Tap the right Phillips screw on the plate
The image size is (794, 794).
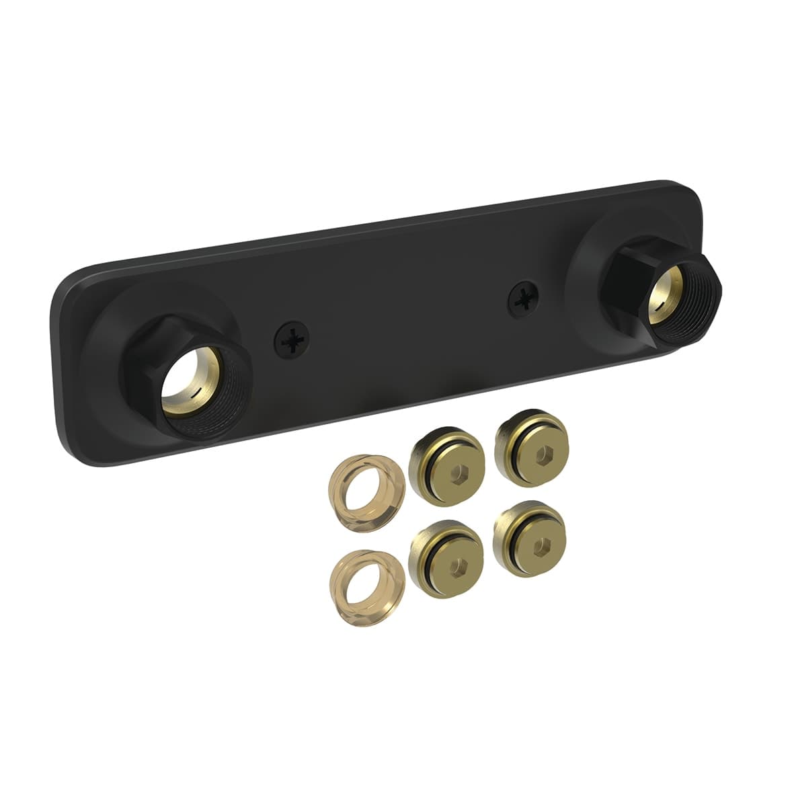tap(524, 300)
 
